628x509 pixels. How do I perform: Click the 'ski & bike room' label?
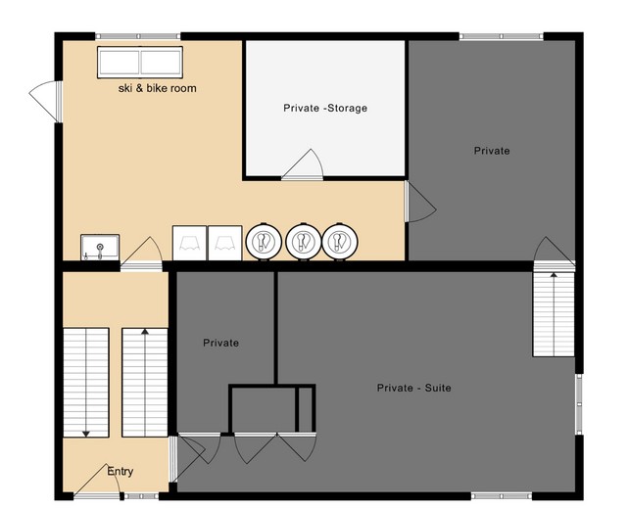click(x=158, y=88)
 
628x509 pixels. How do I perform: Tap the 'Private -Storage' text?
click(x=325, y=108)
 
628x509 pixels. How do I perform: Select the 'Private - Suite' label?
click(x=414, y=388)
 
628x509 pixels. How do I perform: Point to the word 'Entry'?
click(x=121, y=472)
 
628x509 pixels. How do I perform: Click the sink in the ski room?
click(x=100, y=247)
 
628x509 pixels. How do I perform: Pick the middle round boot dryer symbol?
click(x=303, y=242)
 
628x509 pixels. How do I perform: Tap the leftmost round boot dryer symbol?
click(x=264, y=242)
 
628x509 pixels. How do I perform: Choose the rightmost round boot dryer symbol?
click(x=340, y=242)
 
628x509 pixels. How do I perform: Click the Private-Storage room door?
click(x=303, y=164)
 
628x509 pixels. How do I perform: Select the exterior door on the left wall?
click(x=46, y=101)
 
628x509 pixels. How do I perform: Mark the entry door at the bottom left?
click(x=97, y=482)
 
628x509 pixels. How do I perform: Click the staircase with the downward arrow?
click(x=86, y=383)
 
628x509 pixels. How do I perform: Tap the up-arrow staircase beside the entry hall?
click(x=145, y=383)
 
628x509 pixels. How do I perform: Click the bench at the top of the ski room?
click(x=140, y=62)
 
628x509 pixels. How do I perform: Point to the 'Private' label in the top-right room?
click(x=492, y=151)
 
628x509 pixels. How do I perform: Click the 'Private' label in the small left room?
click(x=220, y=343)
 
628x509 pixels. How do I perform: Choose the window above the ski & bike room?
click(x=138, y=36)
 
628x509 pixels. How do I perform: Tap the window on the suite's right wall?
click(x=579, y=404)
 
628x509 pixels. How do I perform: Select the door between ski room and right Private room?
click(x=419, y=202)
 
